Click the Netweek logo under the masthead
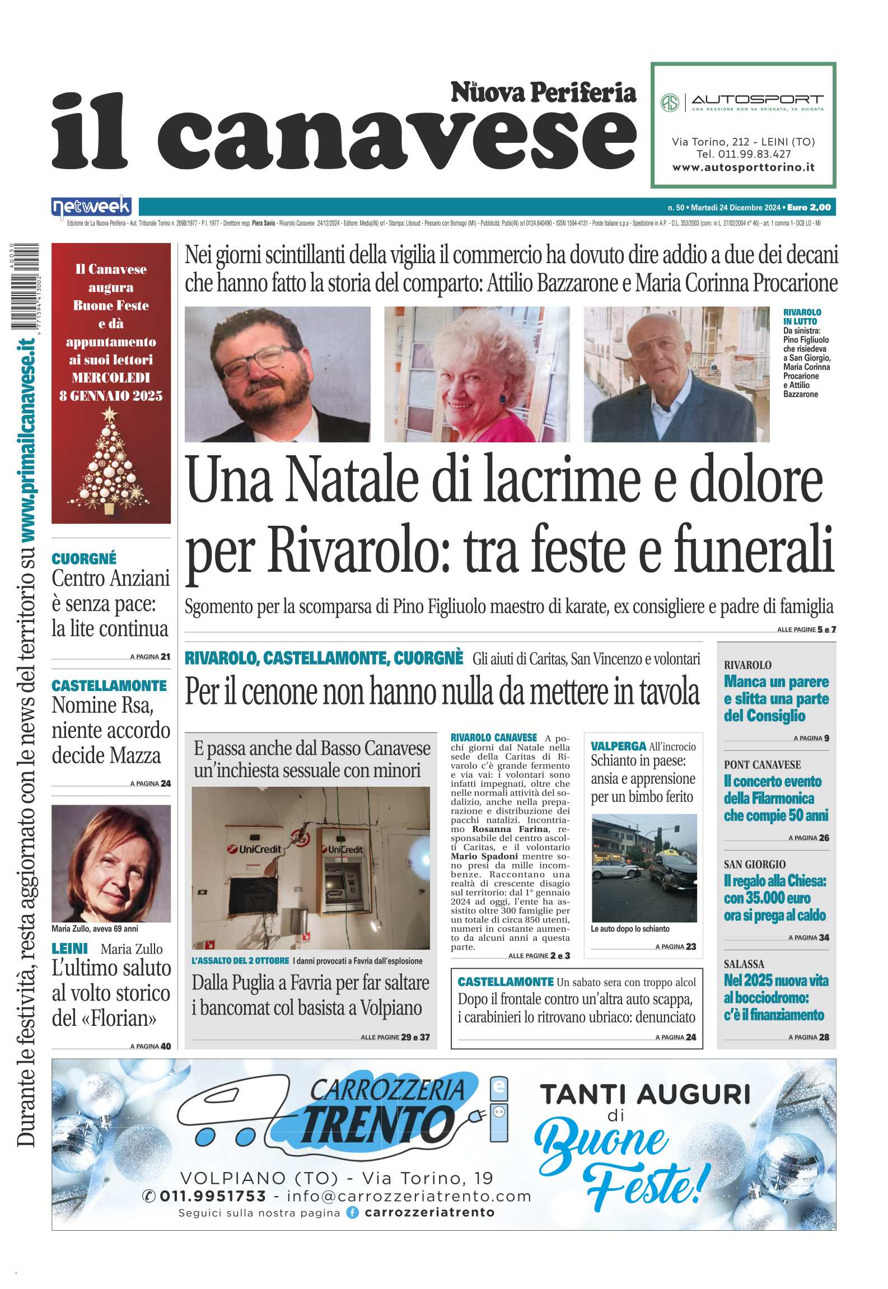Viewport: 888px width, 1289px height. pos(91,207)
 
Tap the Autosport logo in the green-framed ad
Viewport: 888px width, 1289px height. pos(742,102)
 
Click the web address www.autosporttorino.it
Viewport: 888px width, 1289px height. pos(743,167)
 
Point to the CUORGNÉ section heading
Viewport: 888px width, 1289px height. pos(84,558)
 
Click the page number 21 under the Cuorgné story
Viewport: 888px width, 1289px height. pos(165,656)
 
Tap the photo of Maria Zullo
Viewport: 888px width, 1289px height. pos(111,863)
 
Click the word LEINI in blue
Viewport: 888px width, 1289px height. pos(70,949)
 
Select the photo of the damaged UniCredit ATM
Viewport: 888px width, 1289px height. pos(311,867)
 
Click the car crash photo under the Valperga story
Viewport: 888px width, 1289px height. pos(644,868)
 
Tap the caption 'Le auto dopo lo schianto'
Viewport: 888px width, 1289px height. pos(630,929)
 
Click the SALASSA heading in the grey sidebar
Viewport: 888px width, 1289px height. pos(744,964)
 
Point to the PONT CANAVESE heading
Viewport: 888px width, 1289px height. pos(762,765)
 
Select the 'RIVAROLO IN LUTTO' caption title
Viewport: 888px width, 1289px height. pos(802,316)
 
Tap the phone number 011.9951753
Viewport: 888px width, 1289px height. pos(212,1196)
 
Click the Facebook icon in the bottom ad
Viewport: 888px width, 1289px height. pos(352,1212)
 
